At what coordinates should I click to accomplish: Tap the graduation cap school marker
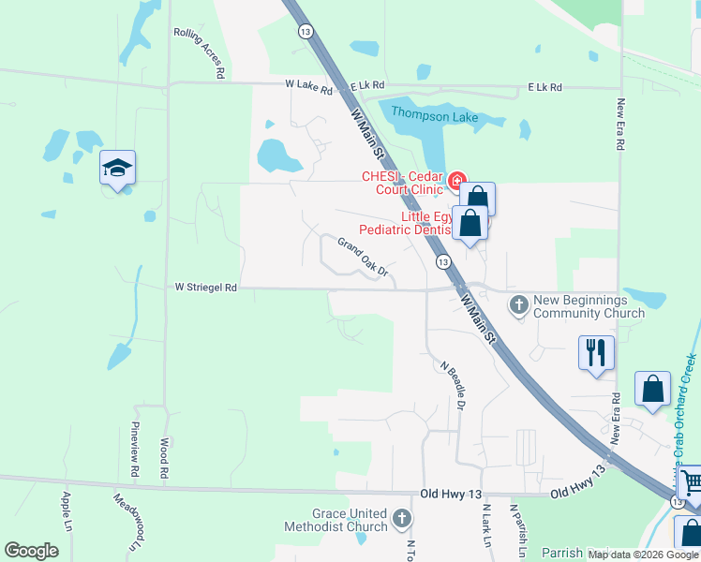tap(118, 169)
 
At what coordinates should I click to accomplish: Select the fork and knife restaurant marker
tap(596, 353)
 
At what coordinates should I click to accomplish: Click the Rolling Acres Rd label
tap(201, 51)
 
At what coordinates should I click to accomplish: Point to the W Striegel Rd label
tap(206, 288)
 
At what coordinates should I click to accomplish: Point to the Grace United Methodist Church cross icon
tap(402, 518)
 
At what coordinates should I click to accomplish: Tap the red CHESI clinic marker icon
tap(457, 180)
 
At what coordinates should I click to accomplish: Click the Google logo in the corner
tap(31, 550)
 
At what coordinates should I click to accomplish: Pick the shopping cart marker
tap(691, 483)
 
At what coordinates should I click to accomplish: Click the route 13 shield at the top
tap(305, 31)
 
